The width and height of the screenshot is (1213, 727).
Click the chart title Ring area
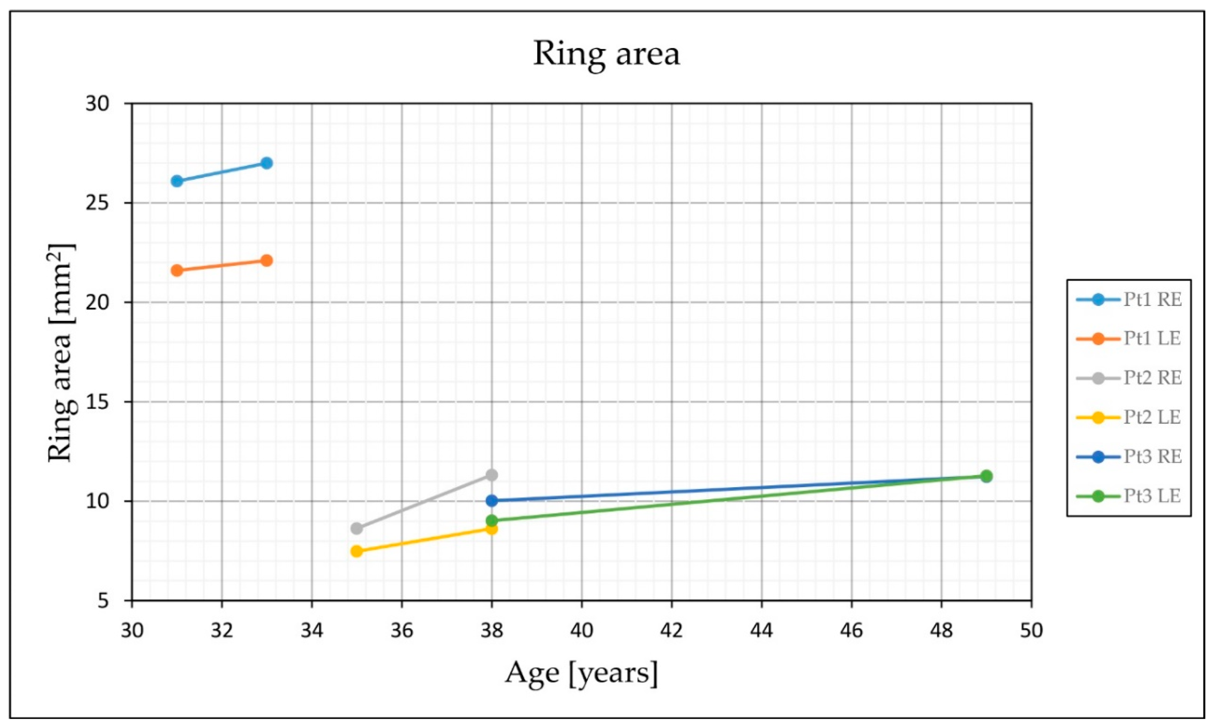point(606,54)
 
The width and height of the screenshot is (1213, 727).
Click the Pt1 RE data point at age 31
point(177,181)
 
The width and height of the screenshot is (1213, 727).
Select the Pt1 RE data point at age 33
point(266,163)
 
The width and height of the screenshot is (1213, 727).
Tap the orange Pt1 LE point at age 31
point(177,270)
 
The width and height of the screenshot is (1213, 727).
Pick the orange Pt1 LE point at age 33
point(266,260)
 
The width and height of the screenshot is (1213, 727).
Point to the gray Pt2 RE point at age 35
point(357,529)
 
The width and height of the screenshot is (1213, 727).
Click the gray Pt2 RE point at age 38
point(492,475)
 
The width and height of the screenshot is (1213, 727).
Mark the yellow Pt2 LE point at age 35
point(357,551)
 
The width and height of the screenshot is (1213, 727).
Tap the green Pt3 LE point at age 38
point(492,520)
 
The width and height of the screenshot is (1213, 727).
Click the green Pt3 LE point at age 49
point(986,476)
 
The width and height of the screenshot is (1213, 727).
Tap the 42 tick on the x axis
point(672,631)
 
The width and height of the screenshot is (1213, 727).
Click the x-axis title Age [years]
point(581,673)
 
